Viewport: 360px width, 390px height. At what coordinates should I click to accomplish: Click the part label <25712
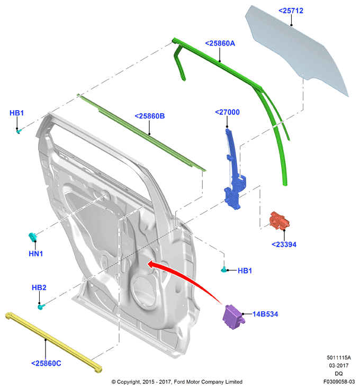click(x=291, y=11)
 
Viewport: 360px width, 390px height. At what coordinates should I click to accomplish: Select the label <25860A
click(x=220, y=43)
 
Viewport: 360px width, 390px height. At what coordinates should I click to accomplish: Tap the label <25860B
click(x=149, y=116)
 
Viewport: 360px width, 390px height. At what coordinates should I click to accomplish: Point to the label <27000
click(x=227, y=112)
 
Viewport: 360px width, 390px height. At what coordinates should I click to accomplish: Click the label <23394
click(x=284, y=244)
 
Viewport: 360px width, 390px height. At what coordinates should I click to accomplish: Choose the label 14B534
click(x=265, y=314)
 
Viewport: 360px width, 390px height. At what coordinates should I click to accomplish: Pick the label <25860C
click(x=46, y=364)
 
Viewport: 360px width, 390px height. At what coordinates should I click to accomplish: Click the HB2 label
click(x=39, y=287)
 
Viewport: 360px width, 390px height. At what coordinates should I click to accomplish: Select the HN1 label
click(x=36, y=253)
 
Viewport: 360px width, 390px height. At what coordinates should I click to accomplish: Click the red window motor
click(x=279, y=221)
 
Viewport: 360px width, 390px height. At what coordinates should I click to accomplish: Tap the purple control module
click(x=233, y=317)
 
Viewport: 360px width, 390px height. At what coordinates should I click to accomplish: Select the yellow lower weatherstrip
click(x=53, y=343)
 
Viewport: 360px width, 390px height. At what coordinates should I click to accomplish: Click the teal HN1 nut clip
click(x=32, y=237)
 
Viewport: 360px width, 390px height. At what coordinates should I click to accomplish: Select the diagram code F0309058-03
click(x=339, y=382)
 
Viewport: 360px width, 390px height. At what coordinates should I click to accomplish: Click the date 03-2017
click(x=339, y=366)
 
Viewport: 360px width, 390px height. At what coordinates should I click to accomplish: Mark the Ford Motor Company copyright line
click(x=177, y=382)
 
